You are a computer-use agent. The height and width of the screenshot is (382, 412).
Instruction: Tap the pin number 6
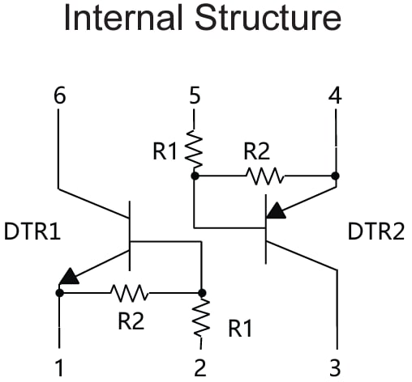click(59, 96)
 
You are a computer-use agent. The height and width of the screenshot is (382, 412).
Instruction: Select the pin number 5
click(194, 96)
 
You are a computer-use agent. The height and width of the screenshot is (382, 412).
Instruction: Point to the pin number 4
click(334, 96)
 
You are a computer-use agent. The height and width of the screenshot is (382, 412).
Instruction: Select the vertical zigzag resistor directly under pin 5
click(194, 148)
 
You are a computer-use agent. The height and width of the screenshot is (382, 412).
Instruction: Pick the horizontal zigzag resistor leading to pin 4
click(264, 175)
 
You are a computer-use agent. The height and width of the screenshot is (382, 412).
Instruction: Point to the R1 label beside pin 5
click(167, 149)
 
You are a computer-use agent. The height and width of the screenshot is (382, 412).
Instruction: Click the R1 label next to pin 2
click(239, 328)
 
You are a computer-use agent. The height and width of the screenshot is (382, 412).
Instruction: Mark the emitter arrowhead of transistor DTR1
click(70, 276)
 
